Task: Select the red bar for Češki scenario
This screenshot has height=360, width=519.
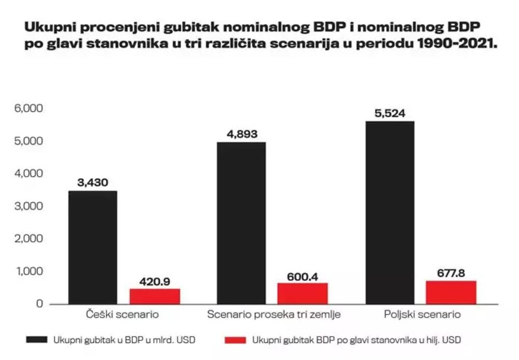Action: (x=155, y=296)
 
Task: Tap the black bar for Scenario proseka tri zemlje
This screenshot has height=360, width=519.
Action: (x=241, y=223)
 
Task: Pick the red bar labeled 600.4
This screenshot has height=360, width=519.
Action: (x=303, y=293)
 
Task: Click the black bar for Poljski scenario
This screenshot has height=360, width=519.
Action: (x=390, y=212)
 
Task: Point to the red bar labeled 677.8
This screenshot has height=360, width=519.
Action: (x=451, y=292)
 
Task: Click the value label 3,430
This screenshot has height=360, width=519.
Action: (x=93, y=182)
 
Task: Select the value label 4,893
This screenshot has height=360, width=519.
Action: (x=242, y=134)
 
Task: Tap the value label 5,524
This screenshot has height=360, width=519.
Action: (x=390, y=113)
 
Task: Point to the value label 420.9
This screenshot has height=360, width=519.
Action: (x=155, y=282)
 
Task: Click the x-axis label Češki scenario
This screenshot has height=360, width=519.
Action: (x=122, y=314)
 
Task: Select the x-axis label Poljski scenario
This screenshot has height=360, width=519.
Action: (x=422, y=314)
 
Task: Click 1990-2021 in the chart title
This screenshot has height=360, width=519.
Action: (x=457, y=44)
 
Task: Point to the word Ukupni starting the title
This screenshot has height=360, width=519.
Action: (x=48, y=26)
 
